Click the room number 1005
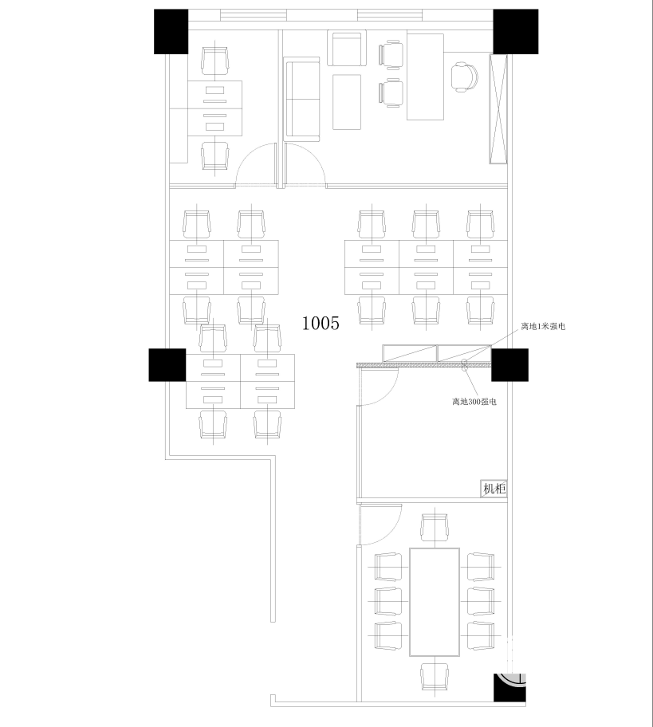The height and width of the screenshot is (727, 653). tap(321, 323)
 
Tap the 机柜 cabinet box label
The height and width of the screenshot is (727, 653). tap(494, 489)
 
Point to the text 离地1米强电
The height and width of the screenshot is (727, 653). tap(543, 326)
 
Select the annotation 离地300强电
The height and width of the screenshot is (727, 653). tap(474, 402)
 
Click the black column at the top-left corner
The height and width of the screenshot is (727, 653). tap(171, 32)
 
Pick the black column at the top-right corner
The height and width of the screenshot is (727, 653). tap(515, 32)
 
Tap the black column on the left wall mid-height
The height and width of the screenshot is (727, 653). tap(167, 365)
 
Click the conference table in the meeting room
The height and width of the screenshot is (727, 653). tap(435, 602)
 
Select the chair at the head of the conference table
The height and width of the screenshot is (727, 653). tap(435, 528)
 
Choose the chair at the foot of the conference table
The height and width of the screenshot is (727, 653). tap(435, 677)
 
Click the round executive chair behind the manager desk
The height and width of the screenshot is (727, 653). tap(465, 77)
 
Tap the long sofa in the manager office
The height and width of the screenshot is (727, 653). tap(302, 99)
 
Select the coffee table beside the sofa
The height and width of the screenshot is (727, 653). tap(347, 102)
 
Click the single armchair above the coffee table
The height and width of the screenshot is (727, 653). tap(347, 48)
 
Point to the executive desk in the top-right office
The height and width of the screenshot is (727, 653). tap(425, 77)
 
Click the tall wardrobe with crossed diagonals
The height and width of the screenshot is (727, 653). tap(498, 109)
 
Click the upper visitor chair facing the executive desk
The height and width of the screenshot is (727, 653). tap(390, 55)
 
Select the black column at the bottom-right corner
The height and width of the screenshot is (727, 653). tap(509, 687)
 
